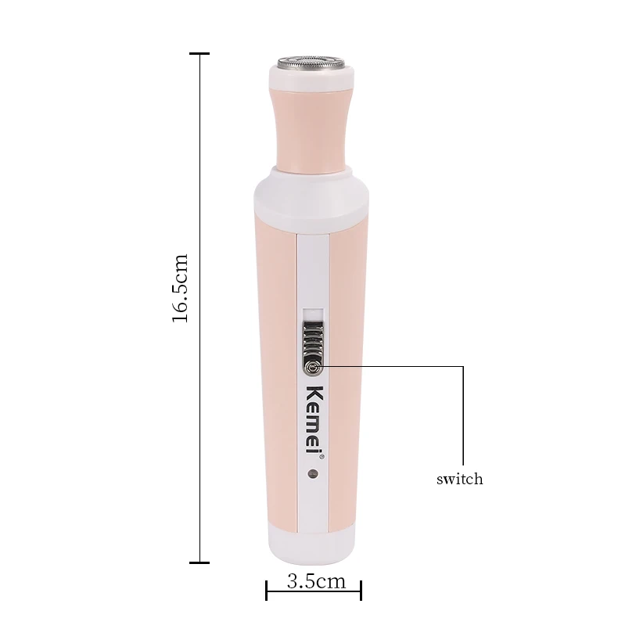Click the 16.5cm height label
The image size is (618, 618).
tap(181, 288)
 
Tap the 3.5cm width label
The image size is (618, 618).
tap(316, 581)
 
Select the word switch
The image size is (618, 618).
tap(459, 479)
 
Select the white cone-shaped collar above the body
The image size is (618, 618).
tap(312, 192)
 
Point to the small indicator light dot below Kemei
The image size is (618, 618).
tap(313, 473)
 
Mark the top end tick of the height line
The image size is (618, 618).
tap(199, 54)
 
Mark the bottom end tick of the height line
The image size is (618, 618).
tap(199, 562)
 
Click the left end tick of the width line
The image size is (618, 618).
tap(267, 590)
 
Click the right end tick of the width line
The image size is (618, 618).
tap(361, 590)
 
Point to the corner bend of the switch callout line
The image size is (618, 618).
tap(463, 366)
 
